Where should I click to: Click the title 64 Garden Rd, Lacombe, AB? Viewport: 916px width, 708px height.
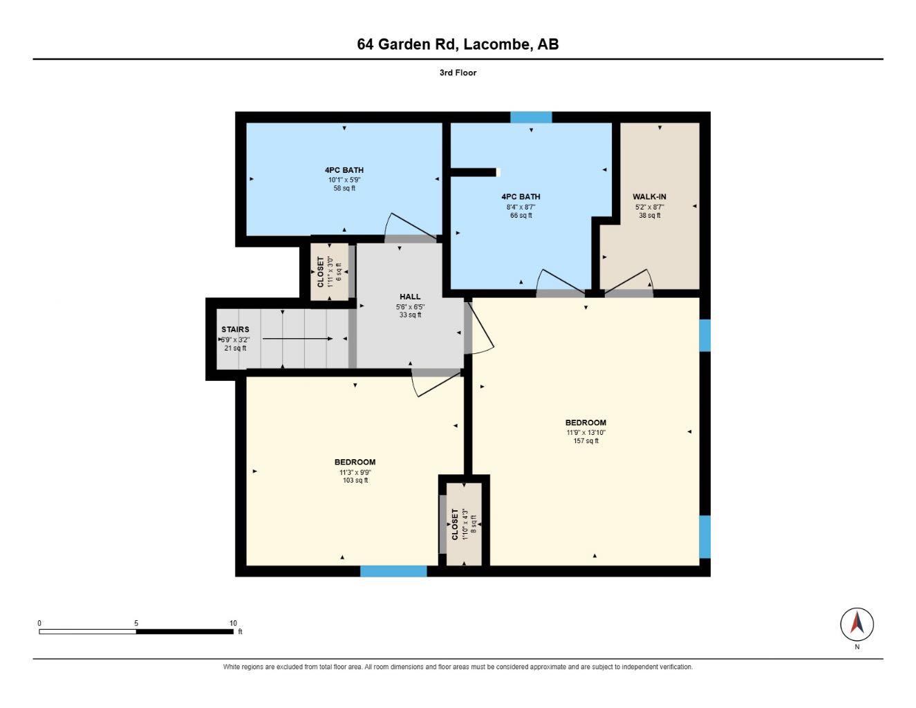click(458, 44)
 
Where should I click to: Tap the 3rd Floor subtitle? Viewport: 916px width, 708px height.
click(458, 73)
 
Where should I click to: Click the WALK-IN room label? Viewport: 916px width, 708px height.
click(649, 196)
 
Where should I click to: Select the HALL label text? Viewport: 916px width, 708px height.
click(410, 297)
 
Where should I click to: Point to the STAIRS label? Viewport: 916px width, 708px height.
click(235, 329)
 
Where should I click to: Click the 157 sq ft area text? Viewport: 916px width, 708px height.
click(586, 441)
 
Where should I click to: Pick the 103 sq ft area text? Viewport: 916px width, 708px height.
click(355, 480)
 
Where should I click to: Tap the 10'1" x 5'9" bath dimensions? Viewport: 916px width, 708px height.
click(344, 180)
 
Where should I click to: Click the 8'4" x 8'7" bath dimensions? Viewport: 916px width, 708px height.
click(521, 207)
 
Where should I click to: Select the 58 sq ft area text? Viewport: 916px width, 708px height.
click(344, 188)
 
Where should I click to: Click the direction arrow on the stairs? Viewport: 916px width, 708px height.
click(297, 338)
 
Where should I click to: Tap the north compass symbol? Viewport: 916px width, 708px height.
click(857, 624)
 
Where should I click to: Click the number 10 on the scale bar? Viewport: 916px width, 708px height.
click(233, 623)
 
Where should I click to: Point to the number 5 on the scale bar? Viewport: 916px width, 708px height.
click(136, 623)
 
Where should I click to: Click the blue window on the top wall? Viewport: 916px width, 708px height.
click(531, 117)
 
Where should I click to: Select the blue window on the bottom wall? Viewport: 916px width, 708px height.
click(393, 571)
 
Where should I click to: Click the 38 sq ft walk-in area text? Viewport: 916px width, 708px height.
click(650, 215)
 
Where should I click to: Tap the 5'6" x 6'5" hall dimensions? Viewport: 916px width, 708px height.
click(410, 307)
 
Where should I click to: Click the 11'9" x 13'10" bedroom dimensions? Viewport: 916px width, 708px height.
click(586, 432)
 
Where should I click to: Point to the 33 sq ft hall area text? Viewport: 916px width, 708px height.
click(410, 315)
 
